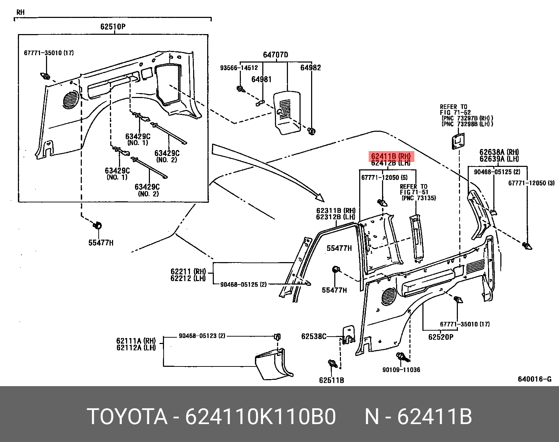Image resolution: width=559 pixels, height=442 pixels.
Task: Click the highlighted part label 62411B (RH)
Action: tap(391, 156)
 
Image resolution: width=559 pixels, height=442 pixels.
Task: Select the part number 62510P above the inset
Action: tap(113, 27)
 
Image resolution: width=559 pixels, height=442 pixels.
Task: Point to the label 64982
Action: tap(310, 68)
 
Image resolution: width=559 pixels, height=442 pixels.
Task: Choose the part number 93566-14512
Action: tap(239, 68)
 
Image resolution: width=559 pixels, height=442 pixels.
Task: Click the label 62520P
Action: tap(441, 337)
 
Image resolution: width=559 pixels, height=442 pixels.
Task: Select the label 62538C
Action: tap(314, 337)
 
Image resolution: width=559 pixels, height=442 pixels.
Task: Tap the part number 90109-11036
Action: tap(401, 370)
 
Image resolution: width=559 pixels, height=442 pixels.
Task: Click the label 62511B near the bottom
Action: tap(331, 380)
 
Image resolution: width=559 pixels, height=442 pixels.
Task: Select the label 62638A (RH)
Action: tap(499, 152)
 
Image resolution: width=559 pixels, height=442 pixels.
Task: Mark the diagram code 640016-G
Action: tap(535, 379)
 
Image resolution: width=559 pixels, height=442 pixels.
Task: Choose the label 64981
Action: tap(261, 80)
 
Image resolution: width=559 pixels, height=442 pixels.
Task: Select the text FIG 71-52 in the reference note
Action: tap(455, 112)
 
